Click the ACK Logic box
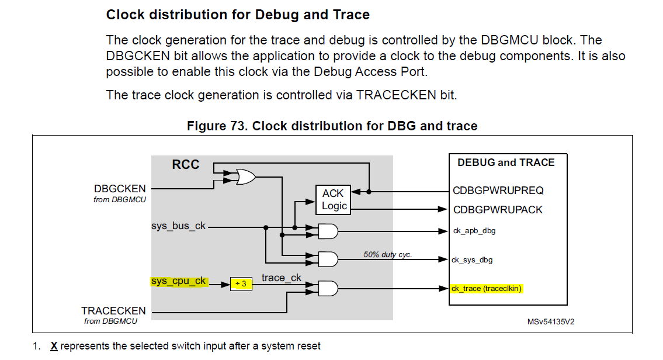pos(334,199)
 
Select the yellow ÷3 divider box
pos(240,284)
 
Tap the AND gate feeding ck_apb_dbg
pos(327,231)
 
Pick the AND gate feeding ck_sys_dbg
pos(327,258)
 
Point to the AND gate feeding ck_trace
pos(327,288)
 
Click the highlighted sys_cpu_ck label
pos(179,281)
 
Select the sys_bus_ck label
pos(178,226)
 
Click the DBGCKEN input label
pos(120,189)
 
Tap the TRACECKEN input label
pos(113,311)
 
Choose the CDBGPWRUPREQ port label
pos(497,191)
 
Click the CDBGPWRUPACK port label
pos(498,209)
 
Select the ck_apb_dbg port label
pos(474,231)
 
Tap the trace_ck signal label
pos(281,278)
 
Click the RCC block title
pos(185,165)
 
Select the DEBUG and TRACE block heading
pos(506,162)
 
